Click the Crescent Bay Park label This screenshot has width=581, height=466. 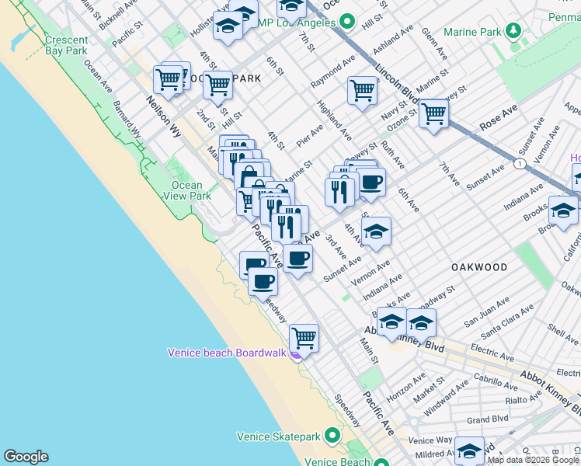tap(66, 45)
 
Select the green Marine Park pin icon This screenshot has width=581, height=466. tap(513, 31)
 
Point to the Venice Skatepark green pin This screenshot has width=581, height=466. tap(332, 436)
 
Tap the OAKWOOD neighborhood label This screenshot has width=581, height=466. tap(479, 267)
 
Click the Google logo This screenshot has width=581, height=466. tap(26, 457)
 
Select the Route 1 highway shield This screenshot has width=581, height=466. tap(517, 165)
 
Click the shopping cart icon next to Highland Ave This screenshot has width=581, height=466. tap(362, 90)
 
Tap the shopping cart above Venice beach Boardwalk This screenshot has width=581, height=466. tap(304, 337)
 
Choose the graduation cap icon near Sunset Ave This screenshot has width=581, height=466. tap(376, 231)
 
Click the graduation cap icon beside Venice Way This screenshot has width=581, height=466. tap(469, 450)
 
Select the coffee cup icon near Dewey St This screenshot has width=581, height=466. tap(371, 183)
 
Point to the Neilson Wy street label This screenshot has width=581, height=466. tap(164, 116)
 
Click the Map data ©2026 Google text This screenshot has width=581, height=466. tap(533, 460)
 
